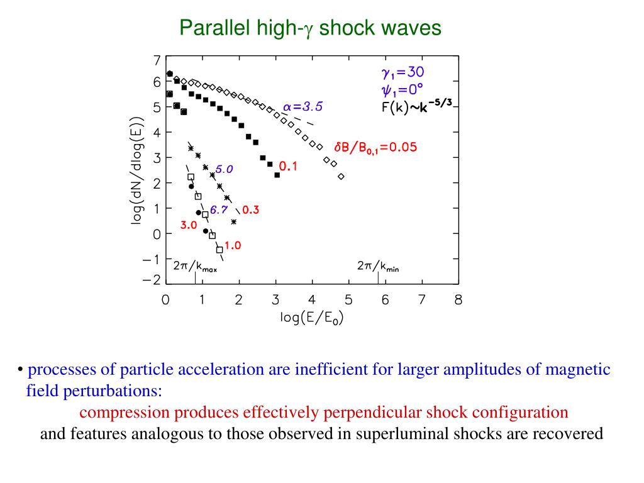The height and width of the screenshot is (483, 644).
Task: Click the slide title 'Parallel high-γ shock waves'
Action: tap(311, 28)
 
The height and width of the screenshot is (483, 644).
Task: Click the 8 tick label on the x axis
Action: tap(458, 301)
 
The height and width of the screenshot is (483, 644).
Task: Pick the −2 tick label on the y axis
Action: tap(152, 280)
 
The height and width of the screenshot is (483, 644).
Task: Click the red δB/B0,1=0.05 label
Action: tap(375, 147)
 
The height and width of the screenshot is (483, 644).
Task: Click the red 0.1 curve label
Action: tap(288, 167)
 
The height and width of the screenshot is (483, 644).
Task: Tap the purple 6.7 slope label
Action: tap(218, 210)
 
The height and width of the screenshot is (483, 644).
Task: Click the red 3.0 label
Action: tap(189, 225)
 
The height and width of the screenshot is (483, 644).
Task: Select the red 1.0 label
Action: tap(233, 246)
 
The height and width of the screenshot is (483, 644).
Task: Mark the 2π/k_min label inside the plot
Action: tap(378, 267)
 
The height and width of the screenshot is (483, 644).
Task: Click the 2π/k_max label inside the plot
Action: tap(195, 267)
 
